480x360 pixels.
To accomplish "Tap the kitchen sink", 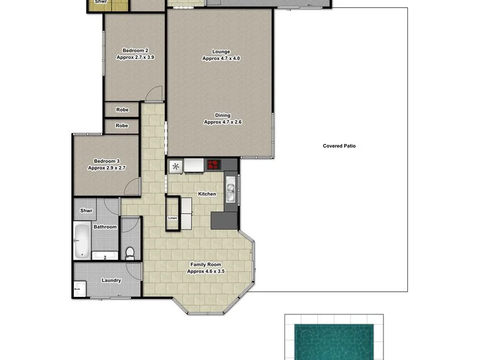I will pyautogui.click(x=230, y=190).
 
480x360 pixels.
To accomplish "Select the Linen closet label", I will pyautogui.click(x=173, y=218).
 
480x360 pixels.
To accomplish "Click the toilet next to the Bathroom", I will pyautogui.click(x=130, y=251).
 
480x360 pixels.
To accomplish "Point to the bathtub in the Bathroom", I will pyautogui.click(x=81, y=241).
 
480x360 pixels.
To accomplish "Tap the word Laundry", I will pyautogui.click(x=112, y=280).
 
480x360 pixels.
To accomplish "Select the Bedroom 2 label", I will pyautogui.click(x=135, y=50).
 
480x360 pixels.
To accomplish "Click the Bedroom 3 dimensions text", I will pyautogui.click(x=106, y=168).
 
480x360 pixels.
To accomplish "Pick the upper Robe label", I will pyautogui.click(x=122, y=110).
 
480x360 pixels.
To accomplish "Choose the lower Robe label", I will pyautogui.click(x=122, y=126).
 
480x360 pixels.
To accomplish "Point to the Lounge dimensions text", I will pyautogui.click(x=221, y=59).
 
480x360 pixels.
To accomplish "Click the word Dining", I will pyautogui.click(x=223, y=115).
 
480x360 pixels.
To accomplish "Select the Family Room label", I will pyautogui.click(x=205, y=265).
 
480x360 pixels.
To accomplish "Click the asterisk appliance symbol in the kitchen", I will pyautogui.click(x=176, y=166).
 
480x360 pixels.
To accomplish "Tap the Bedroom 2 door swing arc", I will pyautogui.click(x=155, y=92).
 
